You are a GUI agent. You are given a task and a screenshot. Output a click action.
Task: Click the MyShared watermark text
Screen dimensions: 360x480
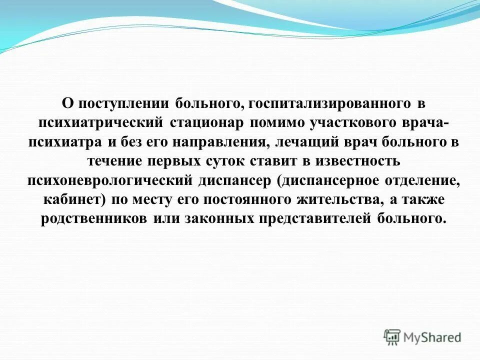pos(433,337)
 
